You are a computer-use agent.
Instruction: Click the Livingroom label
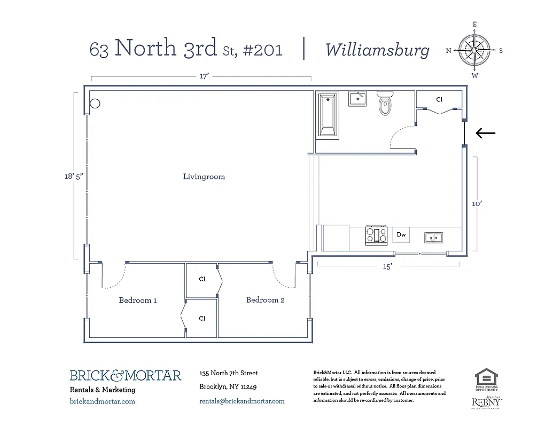[x=204, y=177]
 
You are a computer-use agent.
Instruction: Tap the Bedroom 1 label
[x=138, y=301]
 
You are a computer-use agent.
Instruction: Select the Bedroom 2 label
[x=265, y=300]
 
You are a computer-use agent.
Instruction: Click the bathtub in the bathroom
[x=327, y=115]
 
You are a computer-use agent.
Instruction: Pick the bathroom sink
[x=357, y=99]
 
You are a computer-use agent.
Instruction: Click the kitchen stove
[x=376, y=235]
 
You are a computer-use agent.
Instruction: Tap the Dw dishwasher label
[x=401, y=234]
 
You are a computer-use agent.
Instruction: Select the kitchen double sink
[x=433, y=236]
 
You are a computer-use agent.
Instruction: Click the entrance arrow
[x=486, y=133]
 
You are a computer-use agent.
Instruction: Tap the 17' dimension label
[x=204, y=76]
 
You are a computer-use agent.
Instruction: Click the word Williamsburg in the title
[x=377, y=50]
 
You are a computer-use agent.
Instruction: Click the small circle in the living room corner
[x=95, y=104]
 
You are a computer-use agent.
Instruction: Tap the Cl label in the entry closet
[x=439, y=100]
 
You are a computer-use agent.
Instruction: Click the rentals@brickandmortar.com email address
[x=242, y=401]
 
